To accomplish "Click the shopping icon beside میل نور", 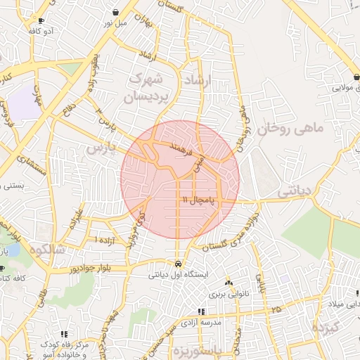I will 115,12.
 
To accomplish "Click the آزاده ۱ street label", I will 108,240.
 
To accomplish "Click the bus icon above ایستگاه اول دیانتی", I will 177,264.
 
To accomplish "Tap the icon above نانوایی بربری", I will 228,280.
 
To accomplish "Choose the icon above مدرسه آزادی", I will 201,311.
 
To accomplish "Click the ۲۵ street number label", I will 276,309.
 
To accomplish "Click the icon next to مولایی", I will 357,77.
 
